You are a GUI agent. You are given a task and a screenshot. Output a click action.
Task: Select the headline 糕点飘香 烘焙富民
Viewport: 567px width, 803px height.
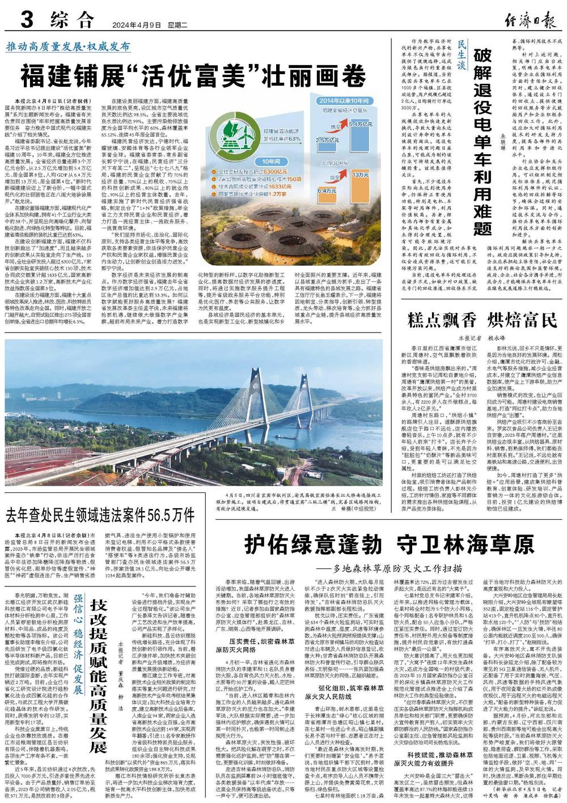click(x=482, y=321)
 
